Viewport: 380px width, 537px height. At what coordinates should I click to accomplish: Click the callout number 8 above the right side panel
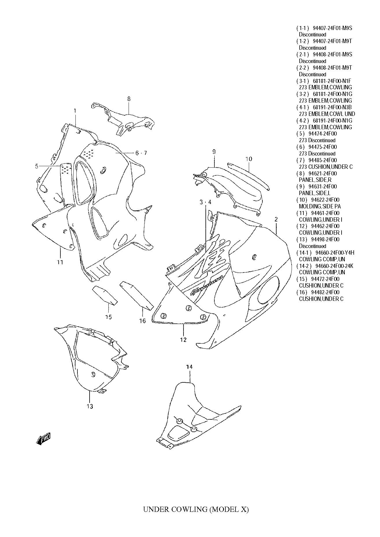coord(129,99)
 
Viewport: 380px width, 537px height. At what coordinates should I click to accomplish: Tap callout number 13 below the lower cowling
coord(90,406)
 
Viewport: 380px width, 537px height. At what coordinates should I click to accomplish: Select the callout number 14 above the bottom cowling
coord(189,367)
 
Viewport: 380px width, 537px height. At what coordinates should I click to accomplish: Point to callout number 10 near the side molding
coord(249,159)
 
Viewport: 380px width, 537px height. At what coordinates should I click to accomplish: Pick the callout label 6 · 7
coord(141,153)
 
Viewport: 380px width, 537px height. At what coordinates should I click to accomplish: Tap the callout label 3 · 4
coord(205,202)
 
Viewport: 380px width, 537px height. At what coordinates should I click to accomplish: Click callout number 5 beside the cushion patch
coord(37,166)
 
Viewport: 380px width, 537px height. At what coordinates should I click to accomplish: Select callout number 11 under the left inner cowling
coord(60,262)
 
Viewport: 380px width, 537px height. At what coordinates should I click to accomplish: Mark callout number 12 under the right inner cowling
coord(183,340)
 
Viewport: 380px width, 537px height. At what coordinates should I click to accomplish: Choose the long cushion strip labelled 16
coord(136,295)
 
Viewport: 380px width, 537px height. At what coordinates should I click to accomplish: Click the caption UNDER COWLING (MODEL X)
coord(196,517)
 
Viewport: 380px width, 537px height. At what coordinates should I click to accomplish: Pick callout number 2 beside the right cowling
coord(276,220)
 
